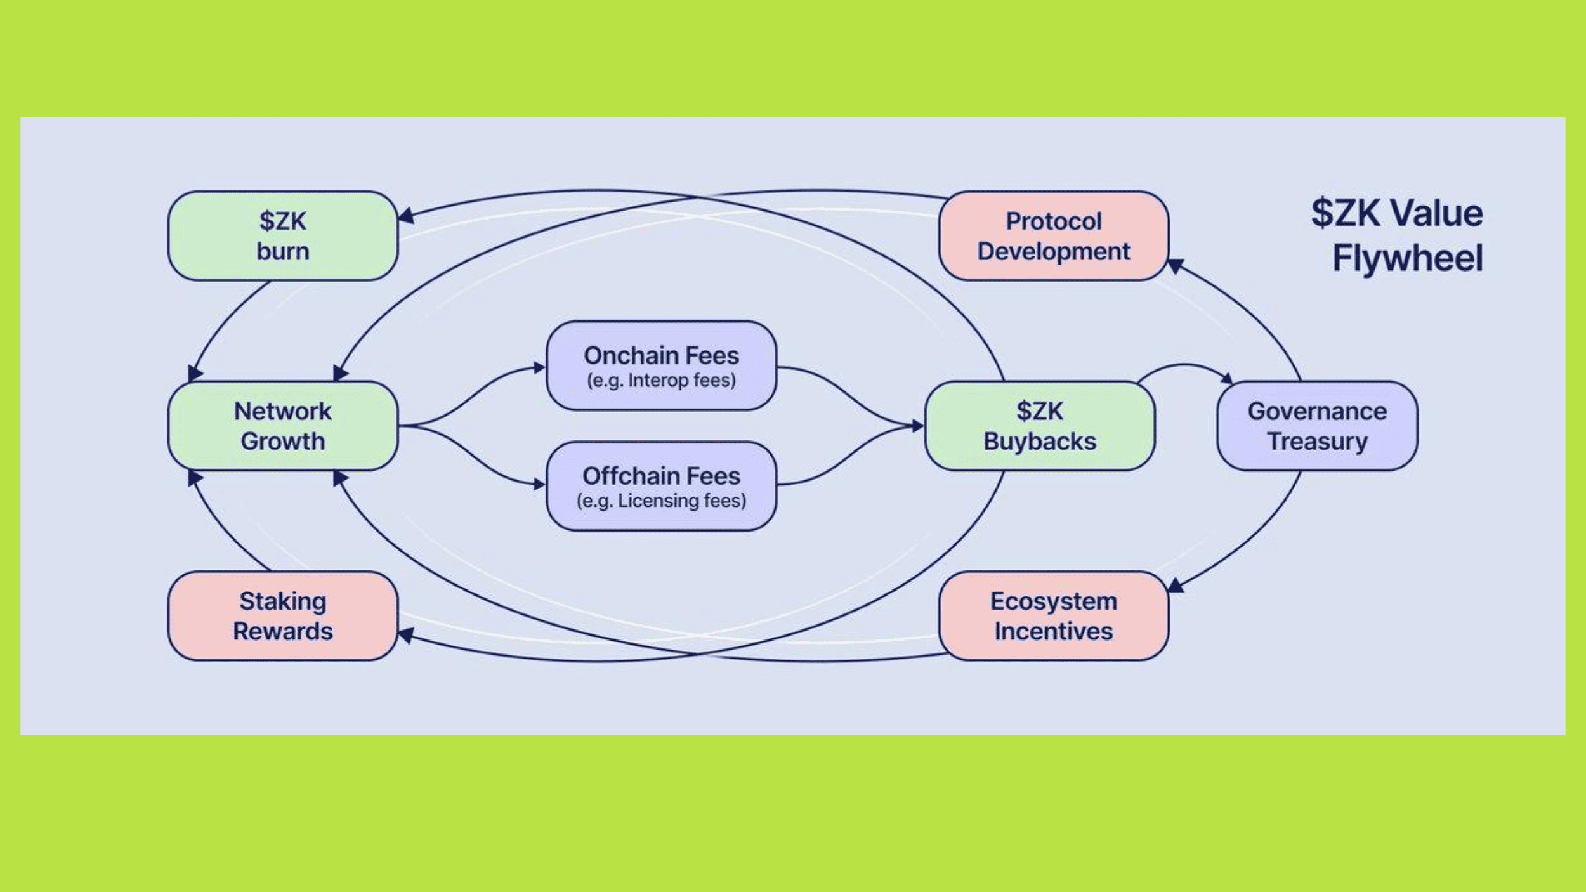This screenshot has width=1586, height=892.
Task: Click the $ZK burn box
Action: pyautogui.click(x=283, y=236)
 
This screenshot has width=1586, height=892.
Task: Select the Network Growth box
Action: pyautogui.click(x=283, y=426)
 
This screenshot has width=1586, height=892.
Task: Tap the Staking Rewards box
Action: pyautogui.click(x=283, y=616)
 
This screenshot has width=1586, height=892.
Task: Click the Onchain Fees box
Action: pyautogui.click(x=661, y=365)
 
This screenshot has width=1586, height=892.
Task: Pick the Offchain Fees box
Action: pyautogui.click(x=661, y=486)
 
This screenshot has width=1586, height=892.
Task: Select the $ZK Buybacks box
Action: pyautogui.click(x=1040, y=426)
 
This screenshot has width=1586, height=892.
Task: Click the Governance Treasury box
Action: pyautogui.click(x=1317, y=426)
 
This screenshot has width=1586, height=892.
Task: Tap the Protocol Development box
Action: pyautogui.click(x=1053, y=236)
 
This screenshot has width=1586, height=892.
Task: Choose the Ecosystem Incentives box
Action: pyautogui.click(x=1053, y=616)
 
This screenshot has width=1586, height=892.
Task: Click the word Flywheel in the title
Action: pyautogui.click(x=1407, y=258)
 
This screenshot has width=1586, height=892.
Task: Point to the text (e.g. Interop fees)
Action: pyautogui.click(x=661, y=381)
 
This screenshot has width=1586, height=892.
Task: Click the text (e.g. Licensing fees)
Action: pyautogui.click(x=661, y=501)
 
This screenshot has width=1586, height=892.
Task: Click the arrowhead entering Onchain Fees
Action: pyautogui.click(x=539, y=367)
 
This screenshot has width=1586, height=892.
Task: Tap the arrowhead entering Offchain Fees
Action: pyautogui.click(x=539, y=485)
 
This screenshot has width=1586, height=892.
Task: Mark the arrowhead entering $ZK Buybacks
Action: pyautogui.click(x=918, y=426)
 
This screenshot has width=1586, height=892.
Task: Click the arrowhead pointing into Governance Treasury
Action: pyautogui.click(x=1227, y=379)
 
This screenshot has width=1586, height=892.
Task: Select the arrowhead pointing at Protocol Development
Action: pyautogui.click(x=1176, y=266)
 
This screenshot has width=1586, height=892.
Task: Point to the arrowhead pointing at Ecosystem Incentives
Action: pyautogui.click(x=1176, y=585)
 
